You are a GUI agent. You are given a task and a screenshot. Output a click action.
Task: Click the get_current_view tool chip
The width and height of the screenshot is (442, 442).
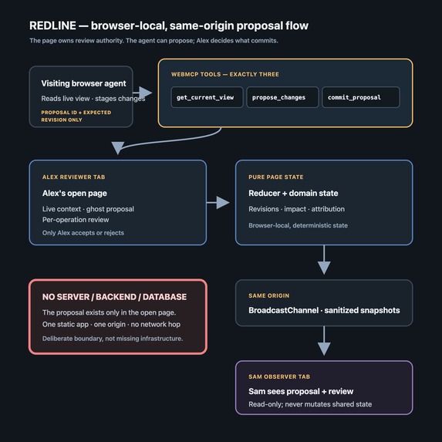(207, 97)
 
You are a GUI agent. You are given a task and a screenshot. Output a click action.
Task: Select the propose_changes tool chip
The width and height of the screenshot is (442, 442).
(282, 97)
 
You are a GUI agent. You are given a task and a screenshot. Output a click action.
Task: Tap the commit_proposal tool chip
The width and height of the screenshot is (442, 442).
(361, 97)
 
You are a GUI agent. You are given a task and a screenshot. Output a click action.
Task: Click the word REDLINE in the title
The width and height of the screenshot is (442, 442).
(52, 25)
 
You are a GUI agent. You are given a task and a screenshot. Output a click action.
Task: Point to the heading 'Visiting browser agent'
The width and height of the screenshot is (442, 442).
(83, 83)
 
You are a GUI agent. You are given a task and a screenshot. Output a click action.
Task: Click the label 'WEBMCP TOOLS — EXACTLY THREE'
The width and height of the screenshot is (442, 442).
(225, 74)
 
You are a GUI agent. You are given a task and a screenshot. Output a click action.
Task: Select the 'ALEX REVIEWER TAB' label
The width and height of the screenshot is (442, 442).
(73, 177)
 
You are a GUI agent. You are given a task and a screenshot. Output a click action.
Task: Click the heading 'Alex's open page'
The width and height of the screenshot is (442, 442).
(75, 193)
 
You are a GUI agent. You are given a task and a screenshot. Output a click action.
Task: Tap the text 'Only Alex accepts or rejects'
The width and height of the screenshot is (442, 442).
(83, 233)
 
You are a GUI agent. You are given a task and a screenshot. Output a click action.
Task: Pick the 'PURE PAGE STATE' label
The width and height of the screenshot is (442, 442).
(276, 177)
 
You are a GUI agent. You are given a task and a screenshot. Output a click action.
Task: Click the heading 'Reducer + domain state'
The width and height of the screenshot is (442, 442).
(293, 193)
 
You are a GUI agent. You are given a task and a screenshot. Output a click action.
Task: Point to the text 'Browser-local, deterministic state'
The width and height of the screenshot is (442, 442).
(298, 225)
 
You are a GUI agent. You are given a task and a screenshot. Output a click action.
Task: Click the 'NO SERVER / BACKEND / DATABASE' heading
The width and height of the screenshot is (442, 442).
(114, 297)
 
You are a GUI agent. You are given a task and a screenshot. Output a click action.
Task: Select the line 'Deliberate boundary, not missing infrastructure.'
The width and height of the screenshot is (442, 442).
(113, 339)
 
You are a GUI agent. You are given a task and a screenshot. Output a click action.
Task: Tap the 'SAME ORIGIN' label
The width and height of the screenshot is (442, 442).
(269, 295)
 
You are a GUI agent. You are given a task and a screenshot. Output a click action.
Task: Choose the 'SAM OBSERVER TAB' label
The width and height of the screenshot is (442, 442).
(279, 376)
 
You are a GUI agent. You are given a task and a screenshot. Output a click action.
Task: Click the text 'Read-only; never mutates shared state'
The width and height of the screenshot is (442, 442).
(310, 404)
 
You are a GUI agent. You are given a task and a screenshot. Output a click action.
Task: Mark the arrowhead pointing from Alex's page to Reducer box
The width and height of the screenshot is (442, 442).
(223, 203)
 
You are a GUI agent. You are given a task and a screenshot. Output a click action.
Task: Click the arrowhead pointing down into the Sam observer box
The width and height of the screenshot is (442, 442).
(324, 349)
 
